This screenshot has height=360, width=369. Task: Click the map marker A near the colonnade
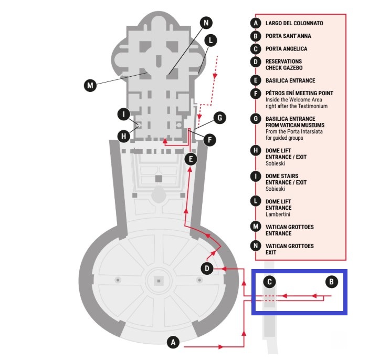[x=173, y=342]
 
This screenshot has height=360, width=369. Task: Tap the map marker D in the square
[x=207, y=269]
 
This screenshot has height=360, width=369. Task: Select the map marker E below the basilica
[x=191, y=159]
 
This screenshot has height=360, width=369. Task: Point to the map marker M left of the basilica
[x=90, y=85]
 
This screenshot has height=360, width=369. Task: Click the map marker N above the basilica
[x=206, y=23]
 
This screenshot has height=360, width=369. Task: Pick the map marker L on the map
[x=210, y=40]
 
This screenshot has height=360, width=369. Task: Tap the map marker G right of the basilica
[x=220, y=118]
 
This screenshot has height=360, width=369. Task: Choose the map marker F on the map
[x=209, y=140]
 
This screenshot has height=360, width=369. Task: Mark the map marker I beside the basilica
[x=124, y=114]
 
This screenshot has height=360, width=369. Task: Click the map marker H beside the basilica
[x=124, y=136]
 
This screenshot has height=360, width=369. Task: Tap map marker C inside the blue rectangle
[x=270, y=282]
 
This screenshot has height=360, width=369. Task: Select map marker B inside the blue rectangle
[x=332, y=282]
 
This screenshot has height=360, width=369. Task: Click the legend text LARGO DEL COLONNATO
[x=294, y=23]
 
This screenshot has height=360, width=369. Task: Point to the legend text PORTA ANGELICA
[x=287, y=49]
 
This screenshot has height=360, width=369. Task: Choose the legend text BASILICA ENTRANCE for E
[x=290, y=80]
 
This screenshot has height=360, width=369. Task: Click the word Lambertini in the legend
[x=278, y=214]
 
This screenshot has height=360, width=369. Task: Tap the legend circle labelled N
[x=256, y=246]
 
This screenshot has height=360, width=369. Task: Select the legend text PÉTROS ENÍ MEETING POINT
[x=299, y=94]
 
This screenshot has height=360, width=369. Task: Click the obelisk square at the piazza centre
[x=159, y=281]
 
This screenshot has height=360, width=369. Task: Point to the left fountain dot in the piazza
[x=118, y=280]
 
